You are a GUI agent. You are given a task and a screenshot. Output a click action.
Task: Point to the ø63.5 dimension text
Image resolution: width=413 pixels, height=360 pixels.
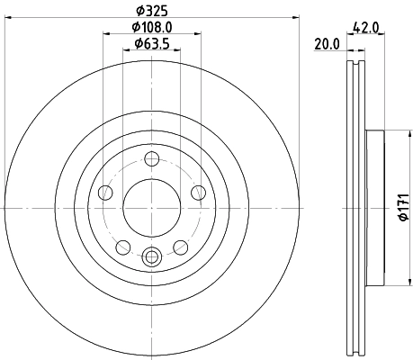point(150,44)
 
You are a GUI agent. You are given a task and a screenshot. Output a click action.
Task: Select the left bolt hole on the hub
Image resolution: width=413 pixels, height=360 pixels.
point(105,192)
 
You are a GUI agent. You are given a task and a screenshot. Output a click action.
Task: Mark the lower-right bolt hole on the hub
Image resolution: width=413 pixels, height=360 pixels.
point(179,245)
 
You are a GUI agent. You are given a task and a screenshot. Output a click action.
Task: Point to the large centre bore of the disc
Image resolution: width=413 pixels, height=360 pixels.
point(150,206)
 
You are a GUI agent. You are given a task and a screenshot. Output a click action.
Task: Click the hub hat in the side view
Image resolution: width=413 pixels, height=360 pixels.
point(375,206)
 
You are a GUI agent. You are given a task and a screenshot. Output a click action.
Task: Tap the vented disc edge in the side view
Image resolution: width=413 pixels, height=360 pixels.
point(355,206)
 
